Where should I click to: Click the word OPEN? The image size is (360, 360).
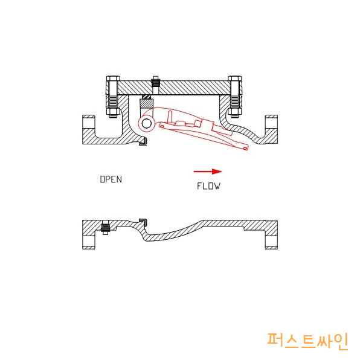pyautogui.click(x=111, y=179)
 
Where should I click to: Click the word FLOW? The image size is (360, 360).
pyautogui.click(x=208, y=186)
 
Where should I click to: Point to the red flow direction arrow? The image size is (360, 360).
pyautogui.click(x=208, y=172)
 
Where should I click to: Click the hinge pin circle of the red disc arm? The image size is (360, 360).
pyautogui.click(x=147, y=124)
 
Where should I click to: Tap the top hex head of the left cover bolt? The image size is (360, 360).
pyautogui.click(x=113, y=79)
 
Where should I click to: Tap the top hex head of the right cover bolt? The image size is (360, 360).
pyautogui.click(x=234, y=79)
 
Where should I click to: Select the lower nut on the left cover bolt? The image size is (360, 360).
pyautogui.click(x=113, y=112)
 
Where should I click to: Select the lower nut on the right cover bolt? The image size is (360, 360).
pyautogui.click(x=234, y=112)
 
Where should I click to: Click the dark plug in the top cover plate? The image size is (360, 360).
pyautogui.click(x=155, y=82)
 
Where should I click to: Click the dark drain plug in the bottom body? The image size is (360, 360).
pyautogui.click(x=105, y=228)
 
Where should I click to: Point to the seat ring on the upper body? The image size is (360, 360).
pyautogui.click(x=143, y=142)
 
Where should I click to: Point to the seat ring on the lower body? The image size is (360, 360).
pyautogui.click(x=144, y=222)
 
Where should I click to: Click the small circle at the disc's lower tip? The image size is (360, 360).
pyautogui.click(x=245, y=148)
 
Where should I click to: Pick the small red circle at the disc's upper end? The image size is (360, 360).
pyautogui.click(x=162, y=126)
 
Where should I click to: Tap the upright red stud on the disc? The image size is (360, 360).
pyautogui.click(x=170, y=117)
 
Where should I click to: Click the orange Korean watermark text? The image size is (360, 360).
pyautogui.click(x=307, y=341)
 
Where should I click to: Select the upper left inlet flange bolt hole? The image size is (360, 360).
pyautogui.click(x=89, y=123)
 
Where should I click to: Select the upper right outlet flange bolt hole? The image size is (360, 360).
pyautogui.click(x=271, y=123)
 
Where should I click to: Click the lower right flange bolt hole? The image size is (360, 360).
pyautogui.click(x=271, y=241)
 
